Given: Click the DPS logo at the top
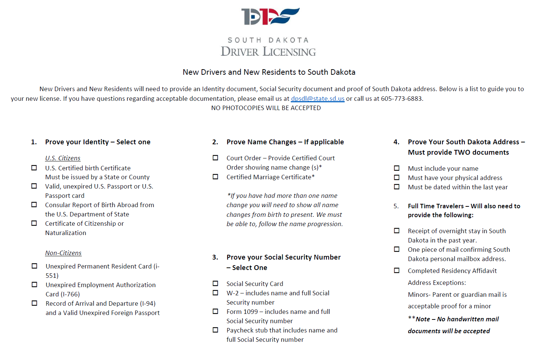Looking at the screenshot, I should (270, 16).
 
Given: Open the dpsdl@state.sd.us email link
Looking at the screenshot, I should (318, 99).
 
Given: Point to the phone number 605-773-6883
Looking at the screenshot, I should (402, 99).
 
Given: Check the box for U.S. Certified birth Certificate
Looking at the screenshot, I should (34, 168).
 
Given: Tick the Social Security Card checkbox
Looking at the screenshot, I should (215, 283).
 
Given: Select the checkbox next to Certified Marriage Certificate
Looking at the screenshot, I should (215, 177).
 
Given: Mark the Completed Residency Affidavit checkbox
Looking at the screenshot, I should (397, 270).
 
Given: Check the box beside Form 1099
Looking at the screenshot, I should (215, 311).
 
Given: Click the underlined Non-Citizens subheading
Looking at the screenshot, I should (63, 253).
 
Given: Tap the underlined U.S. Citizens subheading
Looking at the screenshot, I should (63, 158).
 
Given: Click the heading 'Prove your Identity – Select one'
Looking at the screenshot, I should (98, 142).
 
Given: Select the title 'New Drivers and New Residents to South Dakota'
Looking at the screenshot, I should (269, 72).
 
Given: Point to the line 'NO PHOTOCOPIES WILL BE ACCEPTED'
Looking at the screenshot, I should (266, 108).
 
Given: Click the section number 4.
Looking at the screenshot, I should (396, 142).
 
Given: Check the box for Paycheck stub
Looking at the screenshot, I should (215, 330).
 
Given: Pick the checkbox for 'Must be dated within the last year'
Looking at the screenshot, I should (397, 187).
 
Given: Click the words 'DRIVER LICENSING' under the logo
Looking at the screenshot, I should (268, 52).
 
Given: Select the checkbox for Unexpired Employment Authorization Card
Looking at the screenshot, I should (35, 285).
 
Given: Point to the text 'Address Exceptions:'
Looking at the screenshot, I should (437, 283).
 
